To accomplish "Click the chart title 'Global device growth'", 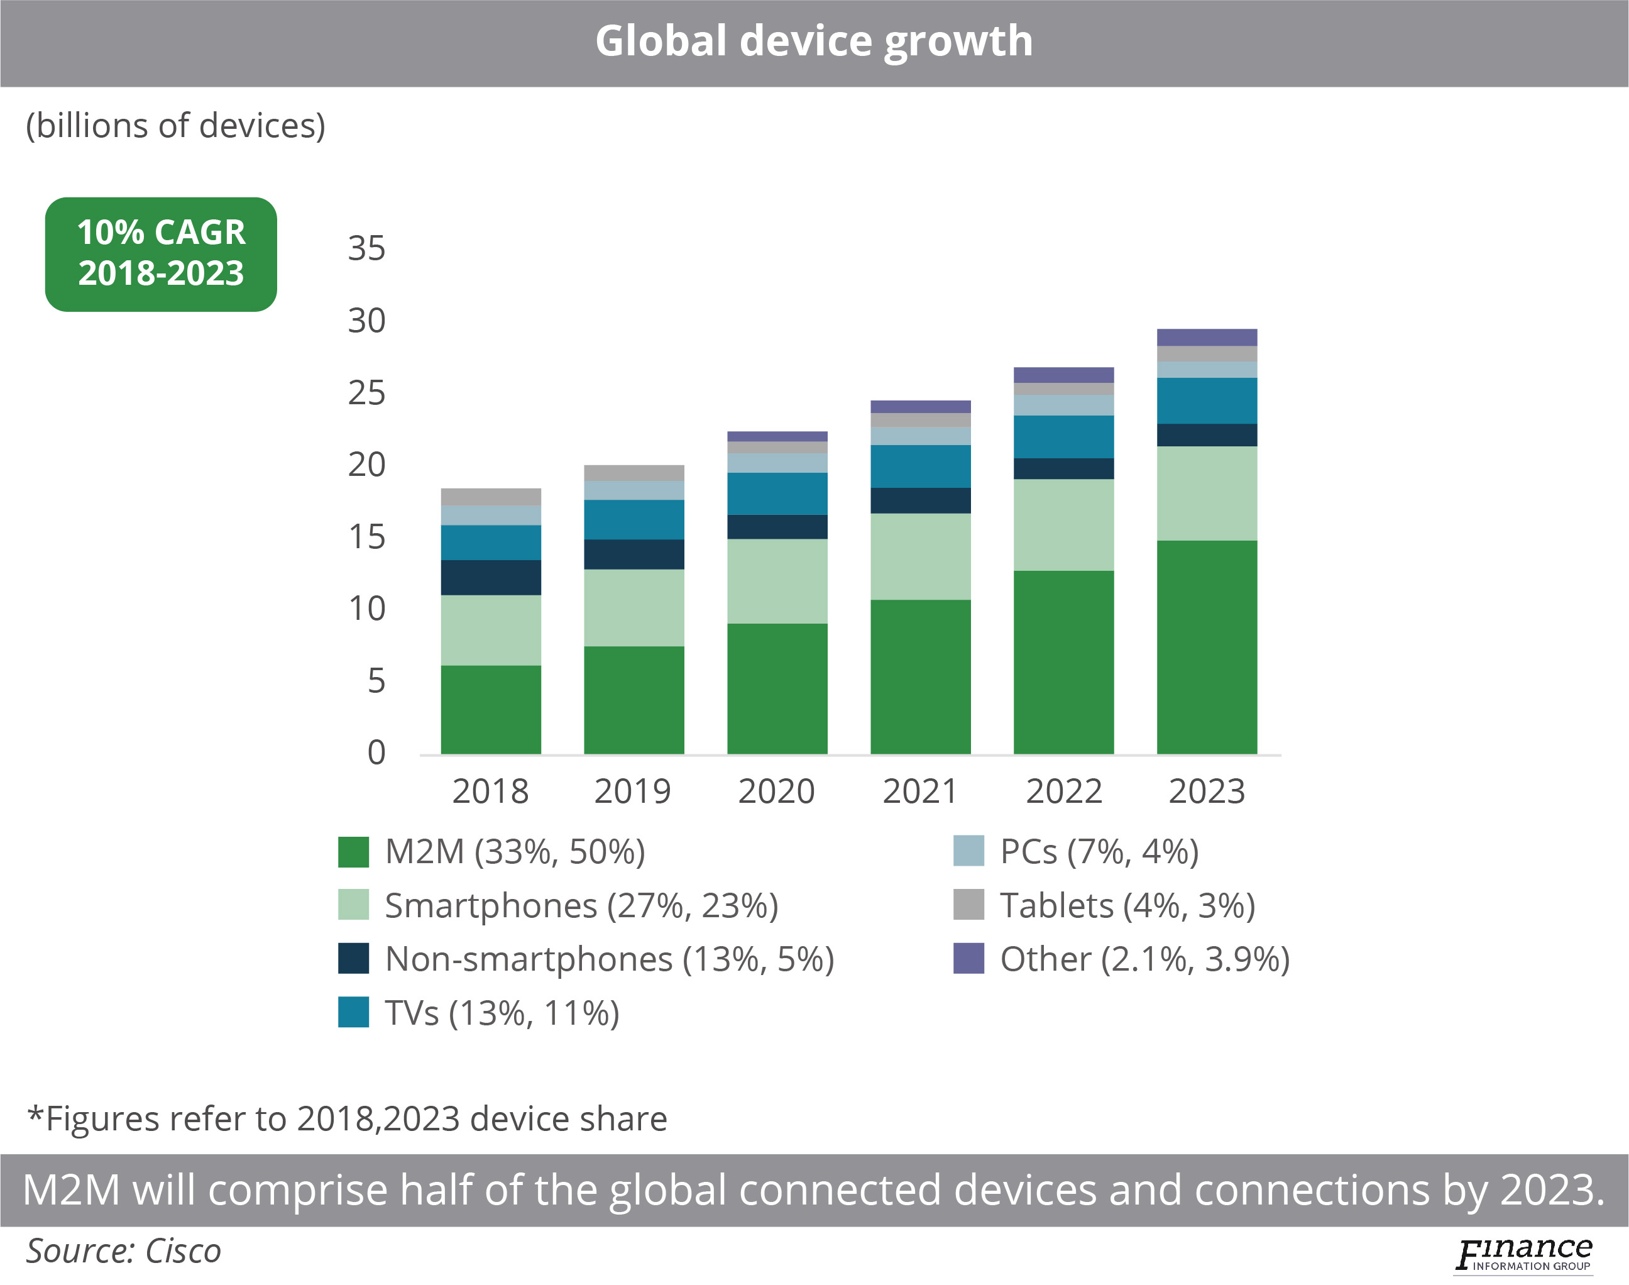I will click(814, 41).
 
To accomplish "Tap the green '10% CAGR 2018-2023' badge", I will click(161, 253).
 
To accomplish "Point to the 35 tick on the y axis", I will click(366, 248).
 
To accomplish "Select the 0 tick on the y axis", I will click(376, 753).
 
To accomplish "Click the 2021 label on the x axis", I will click(920, 791).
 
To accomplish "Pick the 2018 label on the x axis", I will click(490, 791).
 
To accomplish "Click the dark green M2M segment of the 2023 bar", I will click(1206, 647).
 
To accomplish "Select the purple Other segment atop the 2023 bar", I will click(1206, 337).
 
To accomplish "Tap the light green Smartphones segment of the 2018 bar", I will click(490, 630).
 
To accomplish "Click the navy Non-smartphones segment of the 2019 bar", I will click(634, 554).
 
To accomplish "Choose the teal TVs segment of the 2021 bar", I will click(920, 466).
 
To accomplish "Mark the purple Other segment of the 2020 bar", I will click(777, 436).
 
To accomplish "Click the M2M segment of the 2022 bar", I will click(1063, 662).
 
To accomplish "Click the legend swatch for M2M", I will click(353, 852).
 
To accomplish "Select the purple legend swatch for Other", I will click(968, 959).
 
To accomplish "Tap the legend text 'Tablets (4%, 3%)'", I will click(1127, 905).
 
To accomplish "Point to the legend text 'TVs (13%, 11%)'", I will click(502, 1013).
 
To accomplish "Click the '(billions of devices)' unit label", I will click(176, 126).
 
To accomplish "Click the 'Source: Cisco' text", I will click(124, 1251).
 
